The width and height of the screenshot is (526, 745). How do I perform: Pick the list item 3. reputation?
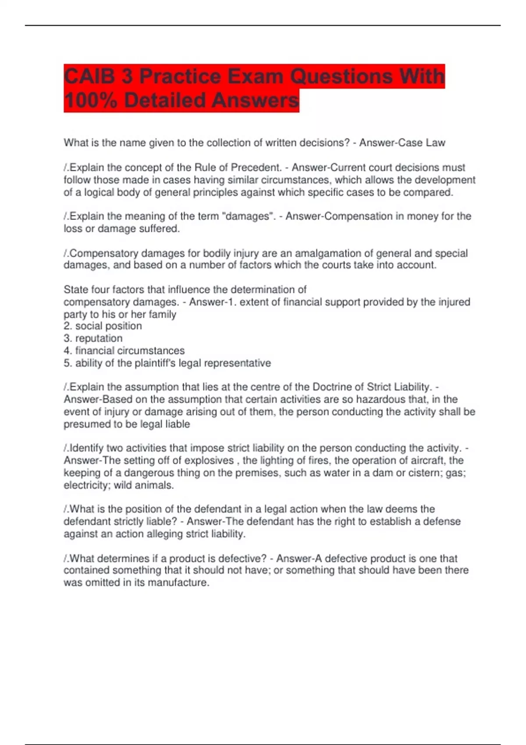pos(93,338)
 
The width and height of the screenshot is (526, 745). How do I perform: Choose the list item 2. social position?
pos(103,326)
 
